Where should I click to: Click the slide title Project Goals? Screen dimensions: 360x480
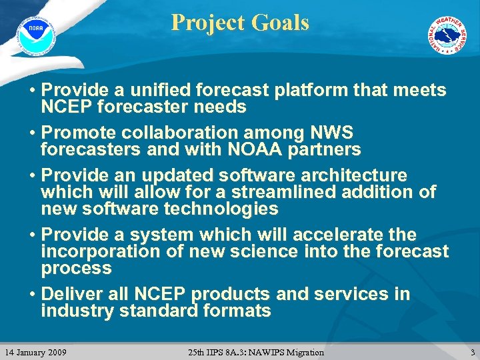tap(240, 23)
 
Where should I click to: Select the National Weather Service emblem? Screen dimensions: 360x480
tap(447, 35)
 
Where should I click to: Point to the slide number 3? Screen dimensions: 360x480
tap(472, 352)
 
